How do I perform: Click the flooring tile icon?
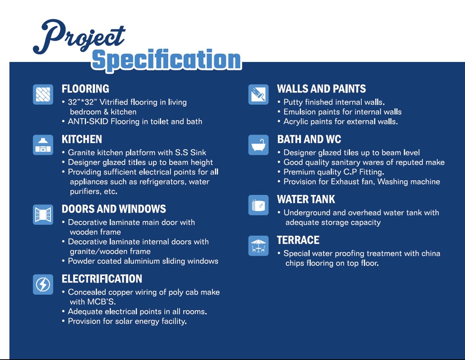(x=43, y=94)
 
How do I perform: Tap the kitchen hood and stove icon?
(x=43, y=145)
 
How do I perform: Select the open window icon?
(x=43, y=215)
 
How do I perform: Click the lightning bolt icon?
(x=43, y=284)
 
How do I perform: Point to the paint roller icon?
(x=258, y=94)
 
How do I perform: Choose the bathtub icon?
(x=258, y=145)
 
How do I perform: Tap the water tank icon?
(x=258, y=205)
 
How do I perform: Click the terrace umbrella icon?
(x=258, y=246)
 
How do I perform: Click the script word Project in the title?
(x=79, y=36)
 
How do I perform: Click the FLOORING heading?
(x=85, y=89)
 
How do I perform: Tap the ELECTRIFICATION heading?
(x=102, y=279)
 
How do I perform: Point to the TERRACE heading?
(x=298, y=240)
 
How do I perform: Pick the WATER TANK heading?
(x=306, y=199)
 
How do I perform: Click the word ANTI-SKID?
(x=88, y=122)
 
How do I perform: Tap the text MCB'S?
(x=101, y=302)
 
